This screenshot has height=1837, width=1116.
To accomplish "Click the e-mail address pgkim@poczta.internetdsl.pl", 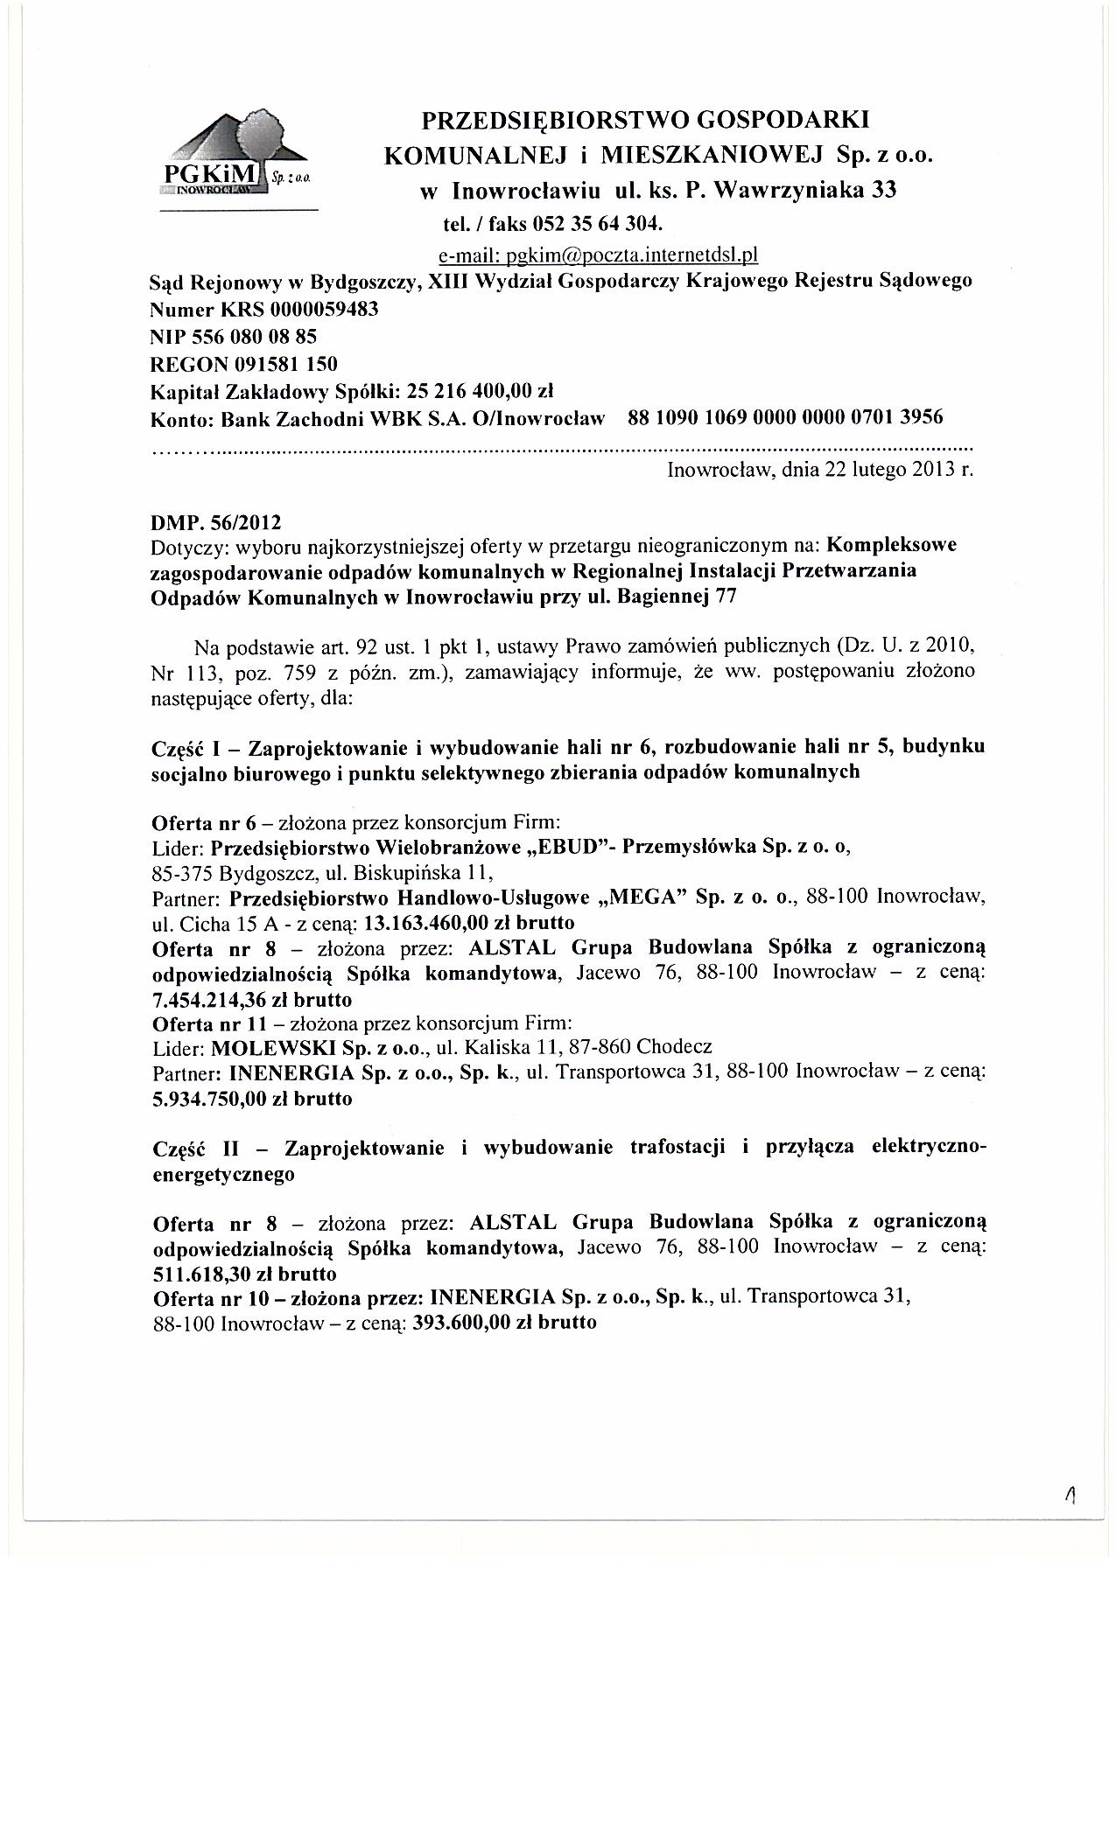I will tap(597, 255).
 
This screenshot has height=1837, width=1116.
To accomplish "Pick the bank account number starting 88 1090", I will tap(785, 416).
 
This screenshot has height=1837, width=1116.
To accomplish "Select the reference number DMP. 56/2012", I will tap(217, 523).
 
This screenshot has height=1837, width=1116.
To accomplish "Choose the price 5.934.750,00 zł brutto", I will tap(252, 1099).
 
